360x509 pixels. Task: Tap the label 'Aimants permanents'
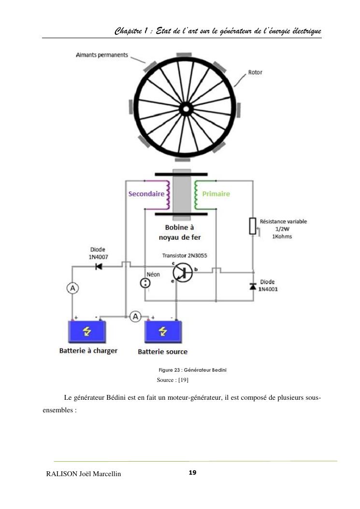[102, 55]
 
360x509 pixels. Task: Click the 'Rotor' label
[255, 73]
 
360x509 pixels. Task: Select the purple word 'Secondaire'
[146, 194]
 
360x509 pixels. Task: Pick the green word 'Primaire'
[216, 194]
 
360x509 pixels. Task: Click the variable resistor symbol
[252, 226]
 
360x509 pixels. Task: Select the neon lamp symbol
[144, 284]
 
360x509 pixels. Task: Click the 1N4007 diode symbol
[99, 267]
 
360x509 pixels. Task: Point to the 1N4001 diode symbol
[252, 287]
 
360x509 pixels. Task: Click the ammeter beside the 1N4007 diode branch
[72, 288]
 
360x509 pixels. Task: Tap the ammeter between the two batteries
[136, 316]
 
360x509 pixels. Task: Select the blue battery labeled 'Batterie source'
[163, 332]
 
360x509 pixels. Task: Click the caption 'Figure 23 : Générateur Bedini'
[189, 370]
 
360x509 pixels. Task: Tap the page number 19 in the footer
[192, 472]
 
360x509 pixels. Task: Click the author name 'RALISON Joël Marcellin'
[83, 474]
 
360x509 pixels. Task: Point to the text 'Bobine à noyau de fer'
[179, 232]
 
